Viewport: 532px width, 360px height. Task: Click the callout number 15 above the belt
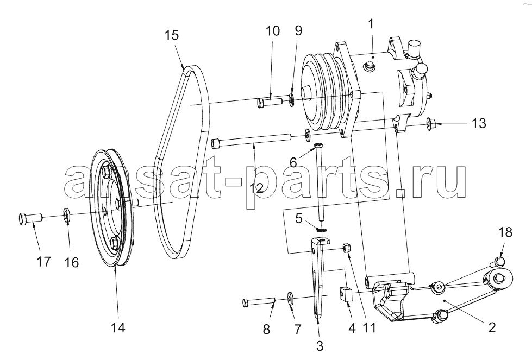pyautogui.click(x=172, y=35)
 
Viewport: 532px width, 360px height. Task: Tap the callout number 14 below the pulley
pyautogui.click(x=118, y=327)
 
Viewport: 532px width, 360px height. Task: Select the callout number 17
pyautogui.click(x=43, y=262)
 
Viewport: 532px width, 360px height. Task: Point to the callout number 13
pyautogui.click(x=479, y=123)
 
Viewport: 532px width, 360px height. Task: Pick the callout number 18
pyautogui.click(x=505, y=232)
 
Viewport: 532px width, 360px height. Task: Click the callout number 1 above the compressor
pyautogui.click(x=371, y=24)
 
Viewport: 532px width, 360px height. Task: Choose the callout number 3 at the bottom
pyautogui.click(x=320, y=346)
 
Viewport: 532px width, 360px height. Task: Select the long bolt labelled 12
pyautogui.click(x=252, y=140)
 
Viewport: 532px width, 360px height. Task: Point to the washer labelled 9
pyautogui.click(x=291, y=100)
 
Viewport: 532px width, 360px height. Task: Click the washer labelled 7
pyautogui.click(x=291, y=298)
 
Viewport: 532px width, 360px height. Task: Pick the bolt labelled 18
pyautogui.click(x=498, y=261)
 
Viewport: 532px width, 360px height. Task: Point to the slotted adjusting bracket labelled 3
pyautogui.click(x=318, y=278)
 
